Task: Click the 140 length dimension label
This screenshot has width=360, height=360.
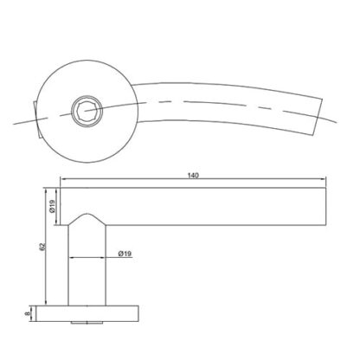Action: click(193, 176)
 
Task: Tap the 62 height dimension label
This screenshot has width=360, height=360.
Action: click(42, 246)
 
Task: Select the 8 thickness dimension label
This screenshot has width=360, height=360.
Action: click(28, 314)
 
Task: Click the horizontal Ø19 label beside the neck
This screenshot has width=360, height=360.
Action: click(125, 254)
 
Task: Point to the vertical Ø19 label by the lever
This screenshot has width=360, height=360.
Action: click(52, 207)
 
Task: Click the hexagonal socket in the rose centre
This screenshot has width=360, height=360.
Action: click(87, 110)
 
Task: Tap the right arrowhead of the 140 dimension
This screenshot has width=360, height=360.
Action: click(323, 179)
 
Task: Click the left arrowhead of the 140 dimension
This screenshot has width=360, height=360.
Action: click(63, 179)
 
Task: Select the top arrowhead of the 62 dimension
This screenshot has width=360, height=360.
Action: click(45, 191)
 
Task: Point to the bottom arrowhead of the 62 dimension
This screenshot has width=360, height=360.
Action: click(45, 302)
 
